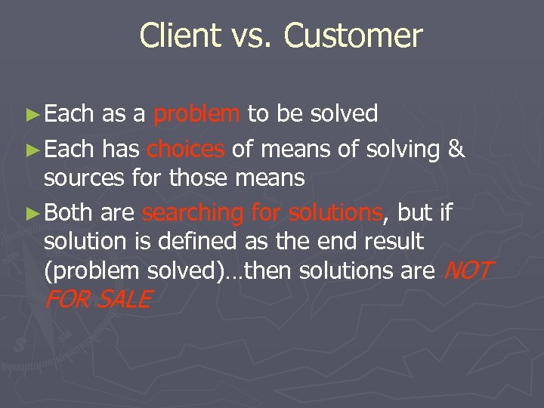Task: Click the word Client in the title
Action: point(178,36)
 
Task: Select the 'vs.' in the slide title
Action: point(250,36)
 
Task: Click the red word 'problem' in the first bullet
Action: point(196,114)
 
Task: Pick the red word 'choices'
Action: point(186,150)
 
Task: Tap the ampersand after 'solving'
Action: point(456,150)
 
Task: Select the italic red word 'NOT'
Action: point(469,270)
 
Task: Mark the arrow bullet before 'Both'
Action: point(32,214)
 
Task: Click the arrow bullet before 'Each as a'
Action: point(32,115)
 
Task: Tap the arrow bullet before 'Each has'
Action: point(32,150)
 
